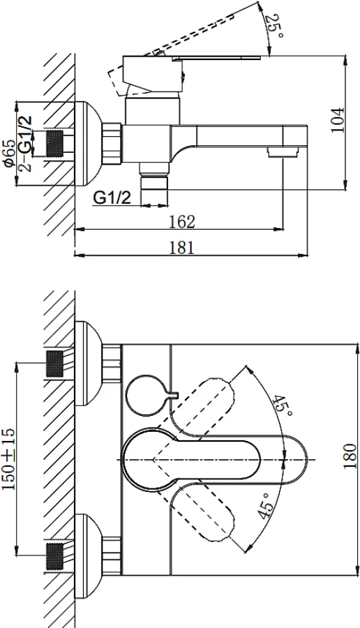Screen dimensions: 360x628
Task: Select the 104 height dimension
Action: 337,120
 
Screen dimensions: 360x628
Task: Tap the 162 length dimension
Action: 182,221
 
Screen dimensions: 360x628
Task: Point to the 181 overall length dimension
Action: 182,247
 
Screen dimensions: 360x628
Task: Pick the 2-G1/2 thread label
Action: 25,144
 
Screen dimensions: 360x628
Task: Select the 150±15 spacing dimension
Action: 9,458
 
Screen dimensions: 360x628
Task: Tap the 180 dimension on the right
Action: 350,456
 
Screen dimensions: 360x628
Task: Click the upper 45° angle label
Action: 282,405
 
